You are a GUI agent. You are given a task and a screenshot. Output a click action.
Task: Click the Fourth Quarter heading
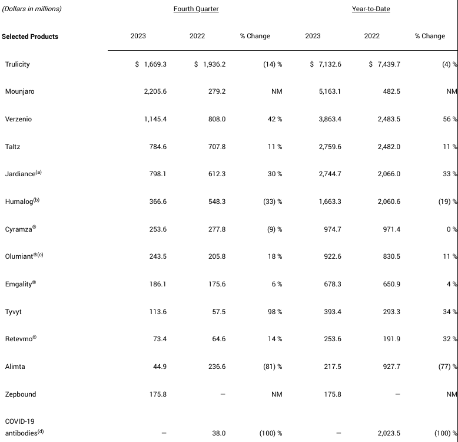pyautogui.click(x=196, y=9)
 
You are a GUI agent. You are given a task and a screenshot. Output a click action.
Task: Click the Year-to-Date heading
pyautogui.click(x=371, y=9)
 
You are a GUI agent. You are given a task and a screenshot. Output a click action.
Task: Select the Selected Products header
pyautogui.click(x=30, y=37)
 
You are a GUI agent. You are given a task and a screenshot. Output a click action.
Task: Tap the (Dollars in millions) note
pyautogui.click(x=32, y=9)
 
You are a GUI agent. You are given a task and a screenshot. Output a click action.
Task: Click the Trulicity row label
pyautogui.click(x=17, y=64)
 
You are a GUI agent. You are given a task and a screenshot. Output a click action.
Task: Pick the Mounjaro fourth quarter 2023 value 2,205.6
pyautogui.click(x=155, y=91)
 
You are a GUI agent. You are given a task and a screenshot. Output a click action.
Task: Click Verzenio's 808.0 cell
pyautogui.click(x=217, y=119)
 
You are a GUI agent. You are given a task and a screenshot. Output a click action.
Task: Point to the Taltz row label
pyautogui.click(x=12, y=147)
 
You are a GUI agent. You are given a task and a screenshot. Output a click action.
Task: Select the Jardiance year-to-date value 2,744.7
pyautogui.click(x=330, y=174)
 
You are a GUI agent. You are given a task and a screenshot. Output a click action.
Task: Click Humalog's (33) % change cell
pyautogui.click(x=273, y=202)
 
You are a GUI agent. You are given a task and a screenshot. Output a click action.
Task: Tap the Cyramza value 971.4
pyautogui.click(x=391, y=229)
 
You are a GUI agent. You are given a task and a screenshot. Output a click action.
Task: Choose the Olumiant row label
pyautogui.click(x=24, y=256)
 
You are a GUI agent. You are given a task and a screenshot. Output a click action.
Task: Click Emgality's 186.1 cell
pyautogui.click(x=158, y=284)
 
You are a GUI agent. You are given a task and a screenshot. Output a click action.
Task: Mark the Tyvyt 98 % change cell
pyautogui.click(x=275, y=312)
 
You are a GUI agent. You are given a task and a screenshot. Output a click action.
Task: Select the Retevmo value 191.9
pyautogui.click(x=391, y=339)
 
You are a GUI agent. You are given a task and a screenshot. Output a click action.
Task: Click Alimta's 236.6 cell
pyautogui.click(x=217, y=367)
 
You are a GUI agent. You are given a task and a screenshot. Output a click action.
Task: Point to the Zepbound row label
pyautogui.click(x=21, y=394)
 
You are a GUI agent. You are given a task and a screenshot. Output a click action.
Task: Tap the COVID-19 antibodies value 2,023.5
pyautogui.click(x=389, y=433)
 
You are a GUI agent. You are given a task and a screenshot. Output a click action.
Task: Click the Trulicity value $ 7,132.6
pyautogui.click(x=326, y=64)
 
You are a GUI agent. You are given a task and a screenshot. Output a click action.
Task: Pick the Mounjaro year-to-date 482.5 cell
pyautogui.click(x=391, y=91)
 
